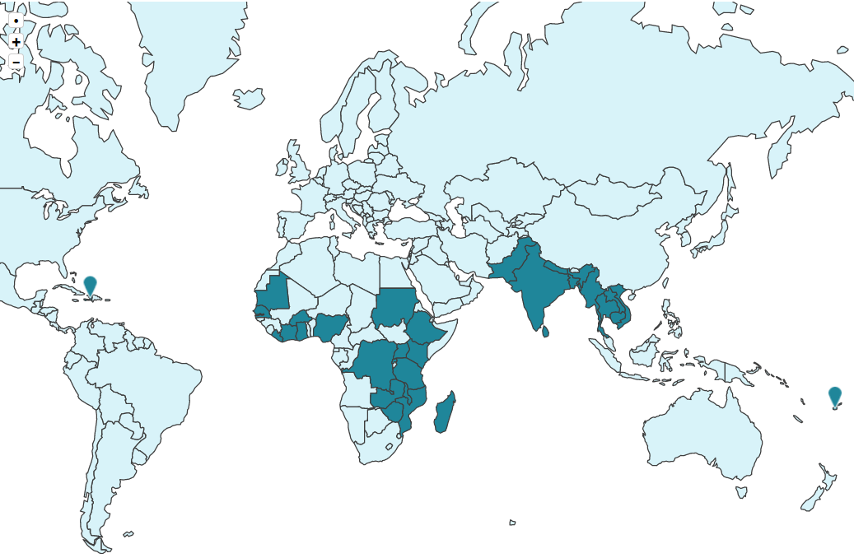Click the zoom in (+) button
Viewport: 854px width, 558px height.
point(16,42)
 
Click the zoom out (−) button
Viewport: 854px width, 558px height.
point(16,63)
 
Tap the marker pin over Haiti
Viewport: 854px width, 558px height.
point(91,286)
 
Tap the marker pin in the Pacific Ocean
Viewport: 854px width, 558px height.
point(835,397)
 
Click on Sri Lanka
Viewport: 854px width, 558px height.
point(544,331)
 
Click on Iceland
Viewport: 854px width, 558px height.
point(250,99)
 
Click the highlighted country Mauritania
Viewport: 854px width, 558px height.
point(273,297)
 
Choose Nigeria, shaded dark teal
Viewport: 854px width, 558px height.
point(331,327)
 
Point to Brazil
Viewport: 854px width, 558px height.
point(148,387)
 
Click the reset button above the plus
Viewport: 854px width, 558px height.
point(16,21)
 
